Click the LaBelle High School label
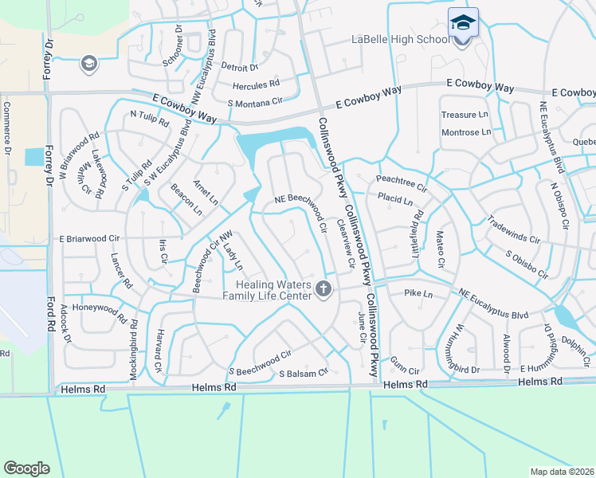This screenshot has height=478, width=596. click(401, 41)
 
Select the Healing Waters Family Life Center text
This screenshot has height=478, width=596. click(274, 290)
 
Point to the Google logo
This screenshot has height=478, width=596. click(26, 468)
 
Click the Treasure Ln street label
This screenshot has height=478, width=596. click(465, 115)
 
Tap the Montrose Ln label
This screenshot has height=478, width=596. click(466, 132)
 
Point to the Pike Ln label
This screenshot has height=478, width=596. click(418, 294)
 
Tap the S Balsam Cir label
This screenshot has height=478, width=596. click(303, 372)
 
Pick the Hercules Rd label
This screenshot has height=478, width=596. click(256, 84)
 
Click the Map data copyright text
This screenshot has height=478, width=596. click(563, 472)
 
